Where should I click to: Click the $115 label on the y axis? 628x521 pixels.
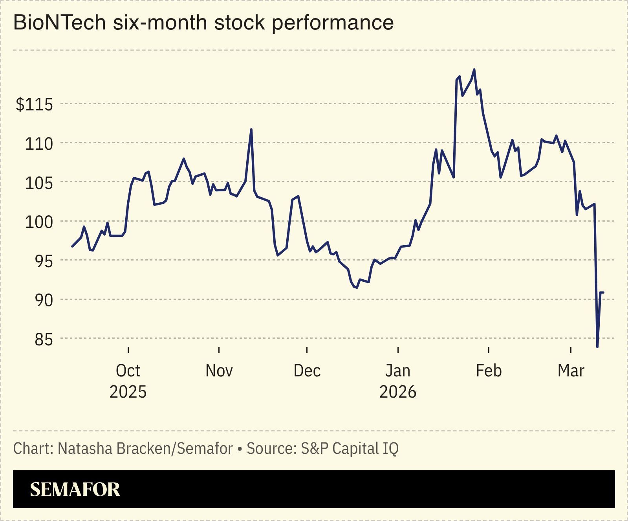[x=34, y=105]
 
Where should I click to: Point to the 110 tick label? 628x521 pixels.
[x=38, y=144]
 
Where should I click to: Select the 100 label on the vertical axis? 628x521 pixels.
[x=38, y=222]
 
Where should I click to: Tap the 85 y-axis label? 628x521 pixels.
[x=43, y=339]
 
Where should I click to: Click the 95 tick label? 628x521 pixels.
[x=43, y=261]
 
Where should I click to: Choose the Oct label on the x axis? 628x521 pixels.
[x=128, y=371]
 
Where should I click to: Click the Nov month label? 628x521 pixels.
[x=219, y=371]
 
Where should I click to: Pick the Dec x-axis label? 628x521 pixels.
[x=307, y=371]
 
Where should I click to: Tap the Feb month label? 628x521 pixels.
[x=489, y=371]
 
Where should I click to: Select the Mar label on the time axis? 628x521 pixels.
[x=571, y=371]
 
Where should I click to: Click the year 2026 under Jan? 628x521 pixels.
[x=397, y=392]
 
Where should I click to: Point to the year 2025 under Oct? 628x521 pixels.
[x=128, y=392]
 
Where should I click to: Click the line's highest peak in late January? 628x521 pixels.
[x=474, y=70]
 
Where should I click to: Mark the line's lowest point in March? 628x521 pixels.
[x=597, y=347]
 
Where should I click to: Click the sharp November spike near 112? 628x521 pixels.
[x=251, y=129]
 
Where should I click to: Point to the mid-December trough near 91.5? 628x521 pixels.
[x=356, y=288]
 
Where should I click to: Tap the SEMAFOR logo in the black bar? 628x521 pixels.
[x=75, y=489]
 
